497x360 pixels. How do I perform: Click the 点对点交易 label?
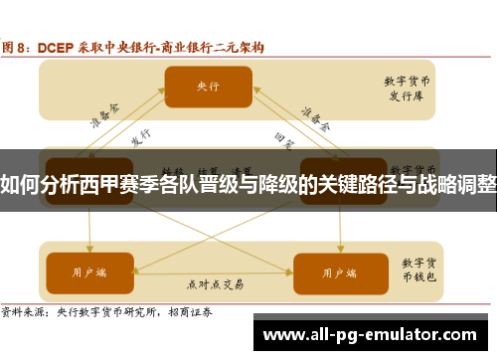pos(213,283)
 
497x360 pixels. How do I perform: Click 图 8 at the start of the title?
pos(20,46)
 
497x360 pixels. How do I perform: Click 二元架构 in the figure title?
pos(239,46)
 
